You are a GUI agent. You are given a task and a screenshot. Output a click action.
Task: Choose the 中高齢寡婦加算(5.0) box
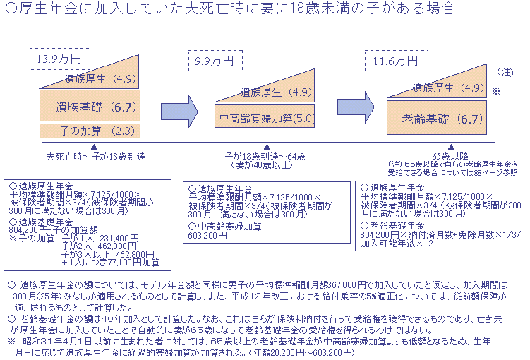coord(265,117)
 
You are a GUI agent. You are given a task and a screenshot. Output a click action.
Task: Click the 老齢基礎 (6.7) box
coord(437,118)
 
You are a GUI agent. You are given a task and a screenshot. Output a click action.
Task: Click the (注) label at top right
coord(505,72)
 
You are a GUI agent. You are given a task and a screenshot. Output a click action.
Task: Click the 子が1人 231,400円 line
coord(106,238)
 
